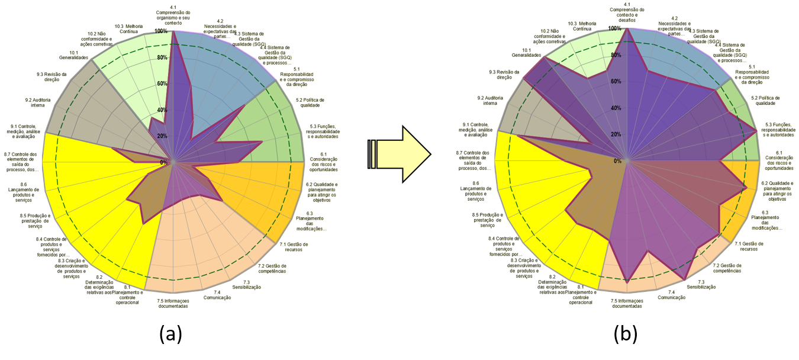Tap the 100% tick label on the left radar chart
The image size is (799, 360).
[161, 31]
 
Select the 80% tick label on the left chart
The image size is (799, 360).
[161, 57]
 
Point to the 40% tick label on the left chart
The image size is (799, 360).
[161, 110]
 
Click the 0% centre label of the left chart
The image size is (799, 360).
[163, 162]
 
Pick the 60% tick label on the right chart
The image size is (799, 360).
[616, 82]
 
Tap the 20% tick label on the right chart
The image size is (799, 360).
[616, 134]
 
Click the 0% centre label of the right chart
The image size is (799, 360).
[617, 161]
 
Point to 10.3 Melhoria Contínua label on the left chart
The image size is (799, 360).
[129, 29]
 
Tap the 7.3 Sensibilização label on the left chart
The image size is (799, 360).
[252, 285]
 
